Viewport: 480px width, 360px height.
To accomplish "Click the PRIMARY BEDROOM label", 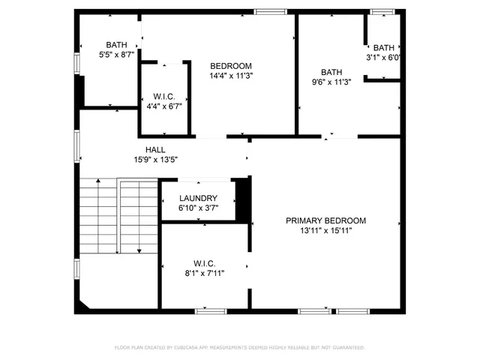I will (325, 220).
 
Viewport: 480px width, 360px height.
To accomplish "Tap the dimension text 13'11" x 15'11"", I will (325, 230).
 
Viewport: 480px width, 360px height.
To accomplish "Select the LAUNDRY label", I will (198, 198).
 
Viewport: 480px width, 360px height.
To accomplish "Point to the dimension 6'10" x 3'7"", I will (198, 208).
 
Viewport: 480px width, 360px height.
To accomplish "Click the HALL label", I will (155, 149).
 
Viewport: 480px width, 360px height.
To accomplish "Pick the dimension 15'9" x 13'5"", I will (155, 159).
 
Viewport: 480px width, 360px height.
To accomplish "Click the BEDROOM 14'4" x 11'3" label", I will (230, 65).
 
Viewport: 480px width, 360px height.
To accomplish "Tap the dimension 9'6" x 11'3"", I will (331, 82).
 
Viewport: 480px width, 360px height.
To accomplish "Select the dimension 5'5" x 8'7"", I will (116, 55).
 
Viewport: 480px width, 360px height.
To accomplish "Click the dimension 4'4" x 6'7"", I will (164, 106).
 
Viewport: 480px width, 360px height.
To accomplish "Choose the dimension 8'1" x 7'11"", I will (204, 273).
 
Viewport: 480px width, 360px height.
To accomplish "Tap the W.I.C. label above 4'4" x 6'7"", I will (164, 96).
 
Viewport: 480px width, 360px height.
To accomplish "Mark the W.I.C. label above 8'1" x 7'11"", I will (204, 263).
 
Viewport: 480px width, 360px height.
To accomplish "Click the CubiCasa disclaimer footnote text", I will (240, 347).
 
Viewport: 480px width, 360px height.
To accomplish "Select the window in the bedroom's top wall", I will (270, 11).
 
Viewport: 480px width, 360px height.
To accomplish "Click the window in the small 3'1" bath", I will (382, 11).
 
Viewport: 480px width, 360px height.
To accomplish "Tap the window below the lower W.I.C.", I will (211, 310).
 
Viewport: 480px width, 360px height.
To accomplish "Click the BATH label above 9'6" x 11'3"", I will (331, 73).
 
